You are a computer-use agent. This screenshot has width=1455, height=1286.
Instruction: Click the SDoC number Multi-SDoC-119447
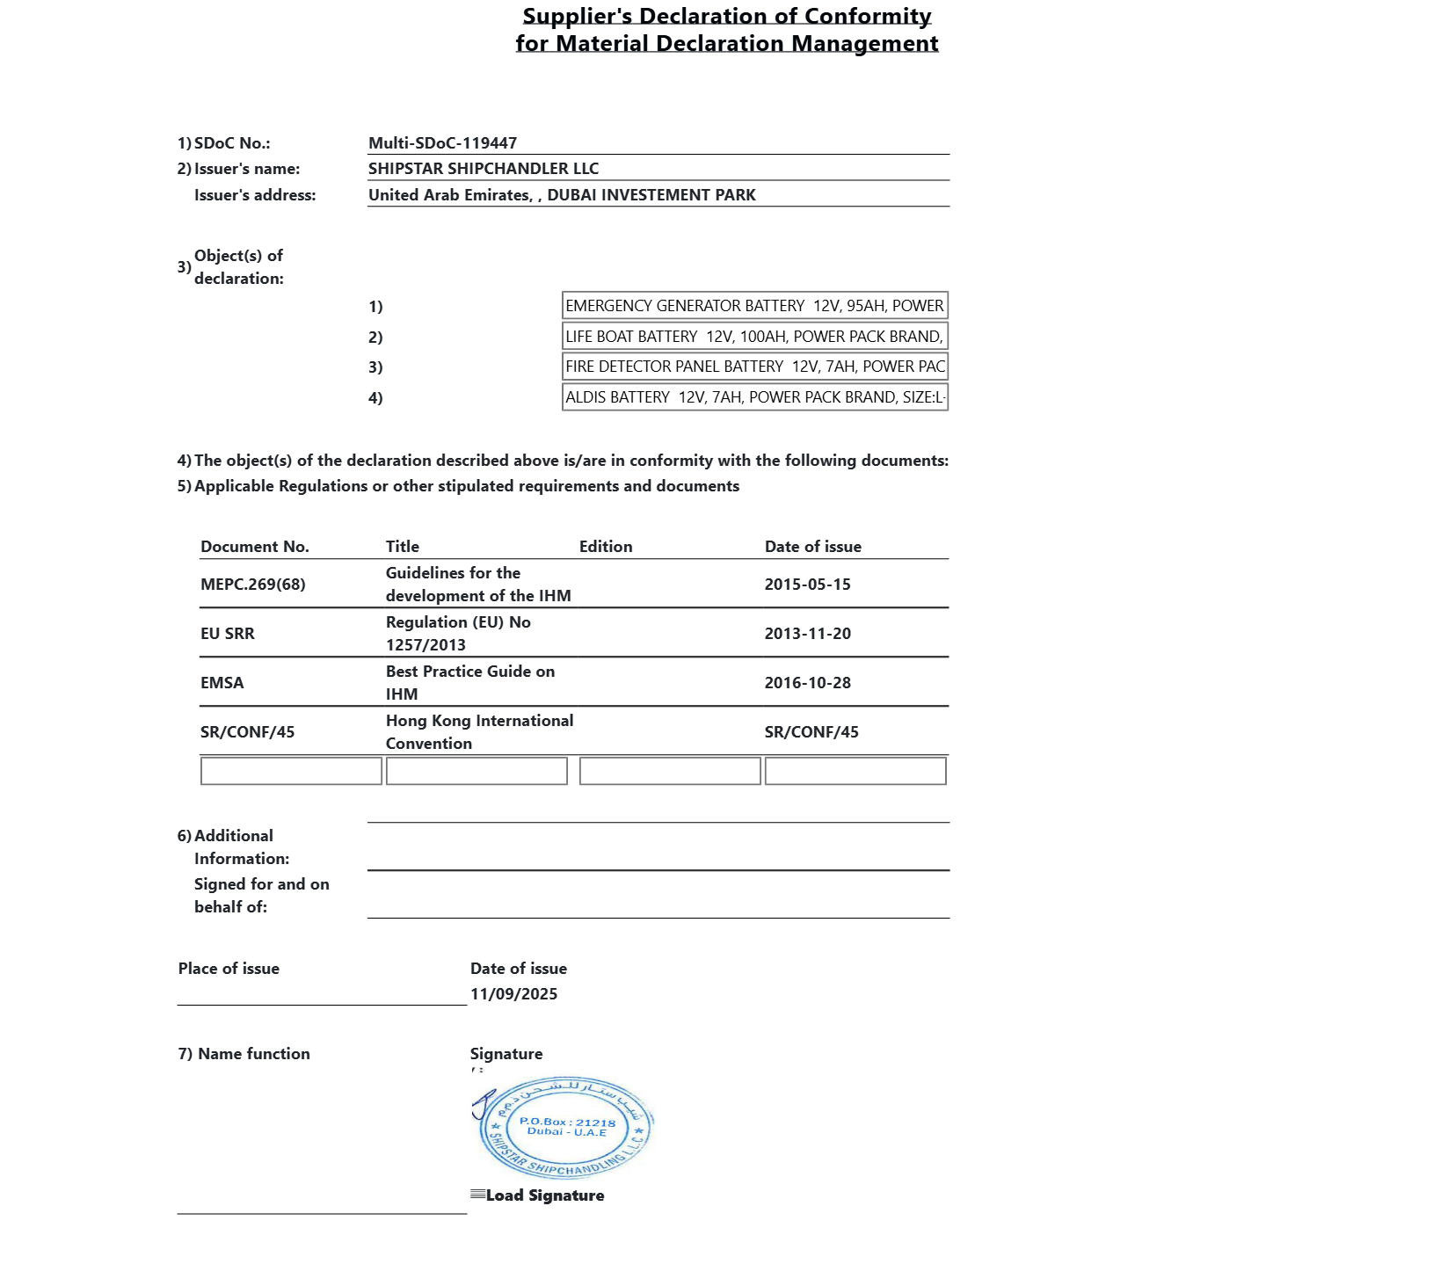(x=442, y=143)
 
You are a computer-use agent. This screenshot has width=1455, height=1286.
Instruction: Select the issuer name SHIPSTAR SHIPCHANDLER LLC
(x=483, y=169)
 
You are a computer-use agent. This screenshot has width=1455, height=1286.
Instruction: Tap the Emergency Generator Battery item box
(x=754, y=306)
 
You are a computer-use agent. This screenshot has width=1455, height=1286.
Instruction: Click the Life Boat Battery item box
(x=754, y=337)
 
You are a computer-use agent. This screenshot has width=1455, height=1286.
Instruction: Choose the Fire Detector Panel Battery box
(x=754, y=367)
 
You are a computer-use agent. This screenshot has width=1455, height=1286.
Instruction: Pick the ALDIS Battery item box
(x=754, y=397)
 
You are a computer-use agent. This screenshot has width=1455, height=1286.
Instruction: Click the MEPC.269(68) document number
(x=252, y=585)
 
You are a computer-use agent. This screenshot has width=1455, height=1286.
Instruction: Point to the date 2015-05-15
(x=807, y=585)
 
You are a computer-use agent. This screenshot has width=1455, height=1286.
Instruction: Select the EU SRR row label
(x=227, y=634)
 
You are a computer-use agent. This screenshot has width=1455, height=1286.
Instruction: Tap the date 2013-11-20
(x=807, y=634)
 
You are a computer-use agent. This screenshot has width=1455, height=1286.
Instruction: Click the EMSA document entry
(x=222, y=683)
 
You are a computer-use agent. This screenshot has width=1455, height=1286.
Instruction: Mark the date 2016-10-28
(x=807, y=683)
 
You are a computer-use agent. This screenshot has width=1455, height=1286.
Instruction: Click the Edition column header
(x=605, y=547)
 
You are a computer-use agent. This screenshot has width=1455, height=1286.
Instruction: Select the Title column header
(x=402, y=547)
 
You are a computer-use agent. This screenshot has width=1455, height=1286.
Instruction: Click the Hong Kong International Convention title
(x=478, y=731)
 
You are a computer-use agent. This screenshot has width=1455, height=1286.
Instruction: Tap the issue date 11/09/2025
(x=513, y=994)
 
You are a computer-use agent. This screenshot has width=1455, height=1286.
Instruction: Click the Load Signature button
(x=543, y=1195)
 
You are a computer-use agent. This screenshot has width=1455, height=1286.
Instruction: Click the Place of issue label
(x=229, y=969)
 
